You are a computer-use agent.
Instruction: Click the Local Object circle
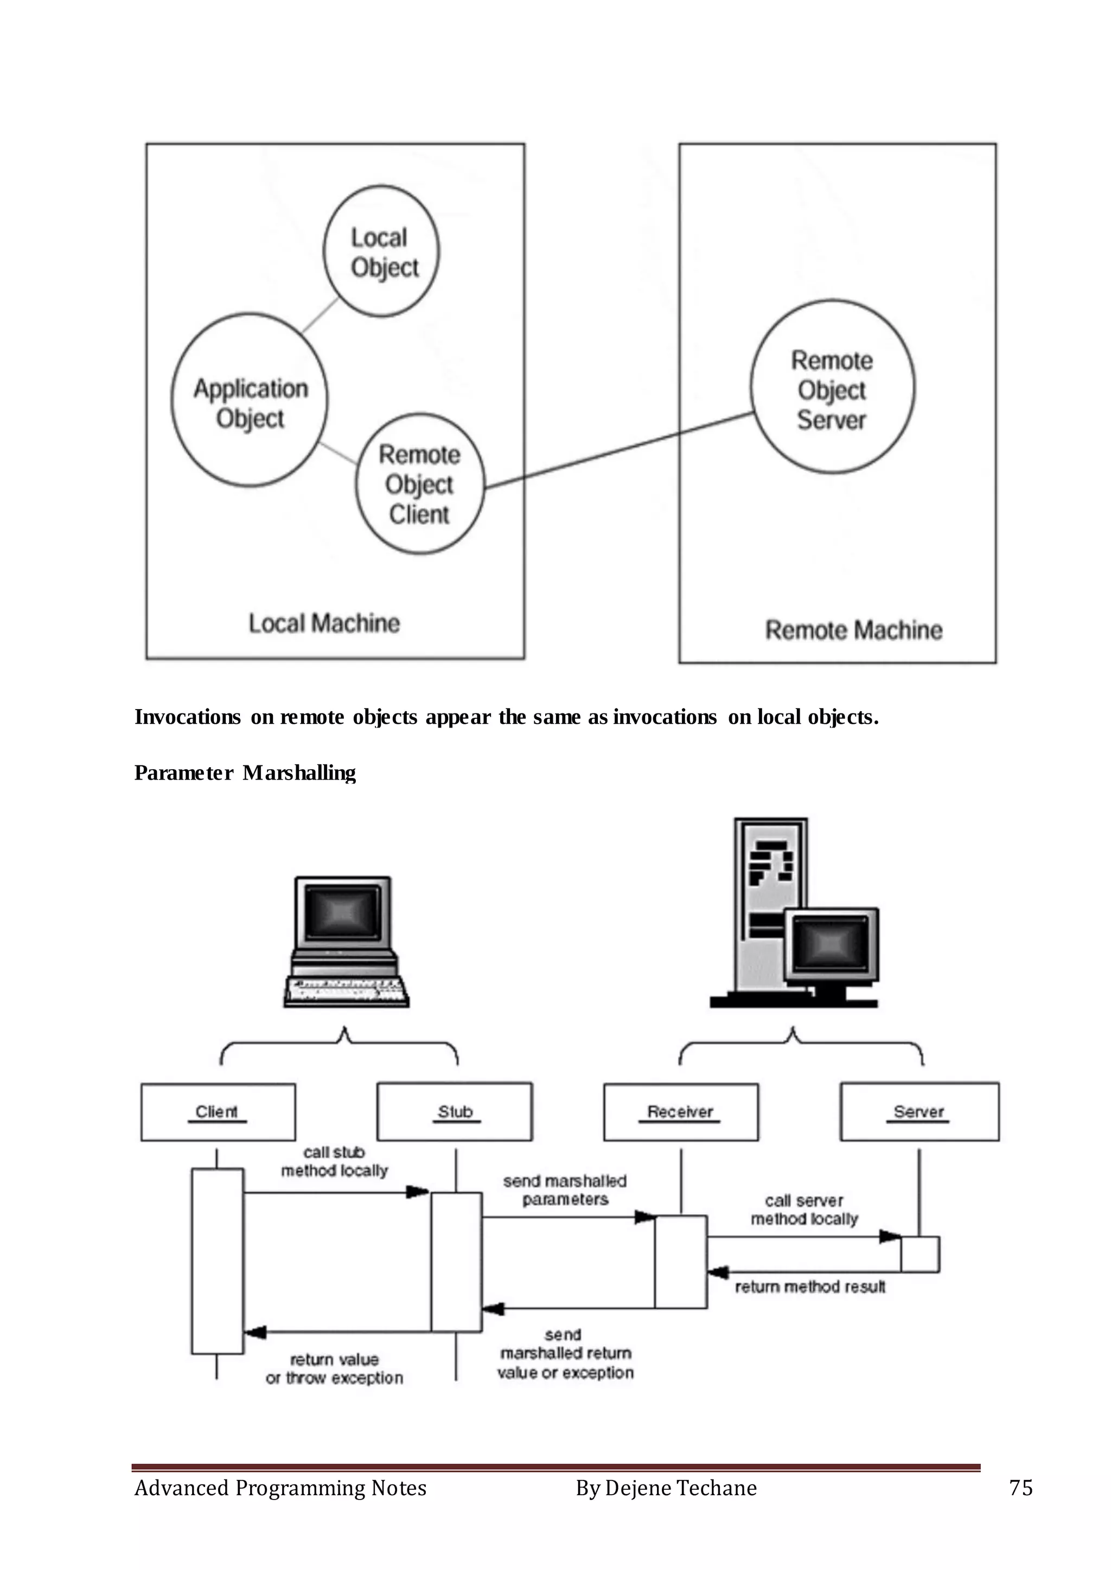tap(381, 251)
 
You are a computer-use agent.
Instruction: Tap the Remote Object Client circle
tap(419, 484)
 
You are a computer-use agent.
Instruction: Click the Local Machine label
tap(323, 623)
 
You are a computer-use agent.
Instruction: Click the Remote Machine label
tap(853, 630)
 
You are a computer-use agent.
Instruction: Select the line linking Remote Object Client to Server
tap(619, 450)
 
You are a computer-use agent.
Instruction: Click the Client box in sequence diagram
tap(218, 1112)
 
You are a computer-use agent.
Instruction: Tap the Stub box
tap(455, 1112)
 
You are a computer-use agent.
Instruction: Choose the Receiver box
tap(681, 1112)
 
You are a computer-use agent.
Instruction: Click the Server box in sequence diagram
tap(919, 1112)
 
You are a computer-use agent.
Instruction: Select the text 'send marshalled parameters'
tap(565, 1190)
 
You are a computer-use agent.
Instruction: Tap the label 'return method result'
tap(810, 1287)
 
